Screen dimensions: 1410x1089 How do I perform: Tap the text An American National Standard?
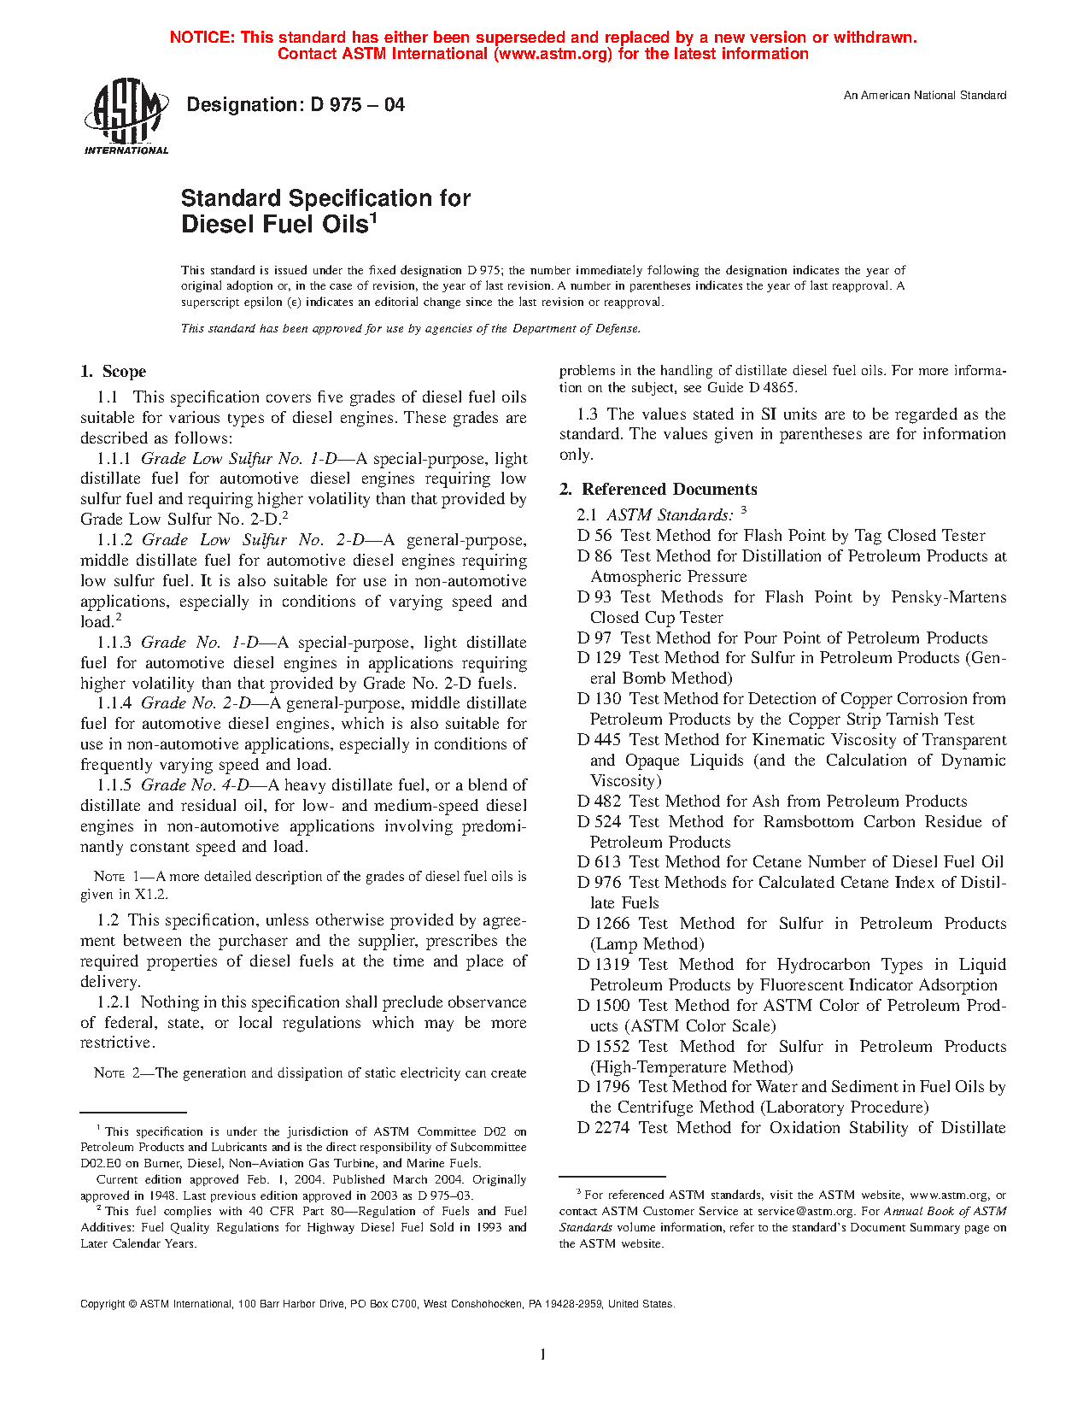[x=924, y=96]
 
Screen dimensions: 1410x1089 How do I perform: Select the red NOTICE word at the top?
[x=202, y=38]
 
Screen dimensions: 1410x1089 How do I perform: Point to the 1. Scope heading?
[x=113, y=372]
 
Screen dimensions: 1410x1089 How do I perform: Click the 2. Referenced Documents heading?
[x=658, y=490]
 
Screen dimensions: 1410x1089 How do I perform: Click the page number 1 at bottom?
[x=543, y=1354]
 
